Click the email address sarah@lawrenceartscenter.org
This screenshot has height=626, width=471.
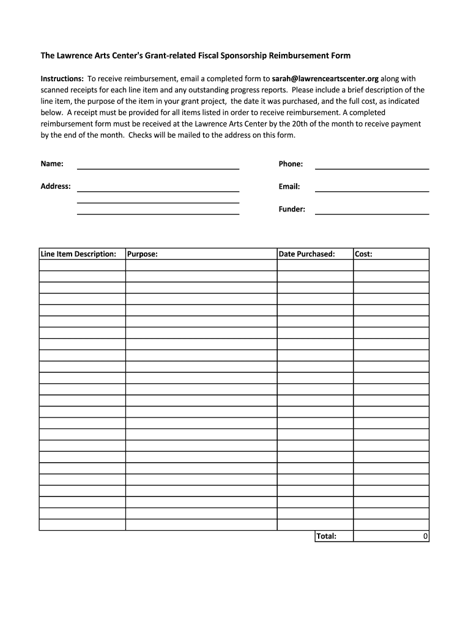click(325, 79)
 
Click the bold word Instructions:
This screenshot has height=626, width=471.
click(62, 79)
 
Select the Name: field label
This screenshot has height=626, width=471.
click(52, 164)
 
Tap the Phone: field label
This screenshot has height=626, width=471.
click(291, 164)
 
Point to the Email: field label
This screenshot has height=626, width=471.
click(289, 186)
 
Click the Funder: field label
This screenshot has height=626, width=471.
click(292, 209)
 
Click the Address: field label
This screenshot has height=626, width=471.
click(56, 186)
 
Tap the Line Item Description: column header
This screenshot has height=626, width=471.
click(78, 254)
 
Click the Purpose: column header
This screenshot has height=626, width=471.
click(143, 254)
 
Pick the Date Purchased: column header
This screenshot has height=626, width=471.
click(306, 254)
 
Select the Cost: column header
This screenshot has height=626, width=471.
click(363, 254)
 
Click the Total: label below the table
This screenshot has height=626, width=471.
click(326, 536)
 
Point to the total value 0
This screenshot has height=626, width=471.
click(425, 536)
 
